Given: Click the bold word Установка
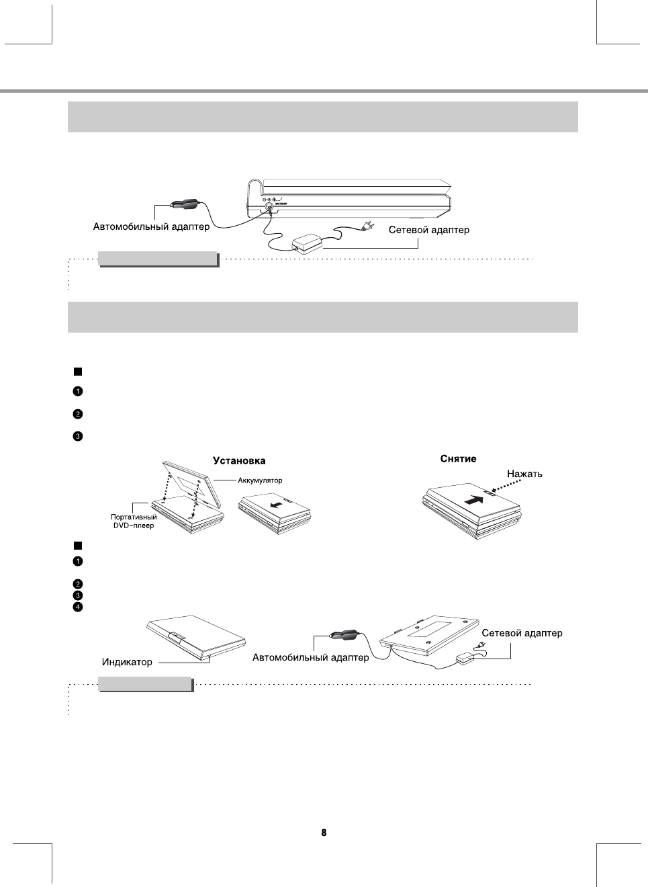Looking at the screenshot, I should [x=239, y=461].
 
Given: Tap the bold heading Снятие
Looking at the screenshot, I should [x=458, y=459].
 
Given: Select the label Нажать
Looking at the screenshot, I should [x=524, y=474].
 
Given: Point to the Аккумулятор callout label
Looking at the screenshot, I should [x=260, y=480].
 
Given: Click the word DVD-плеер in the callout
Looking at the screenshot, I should [x=133, y=525].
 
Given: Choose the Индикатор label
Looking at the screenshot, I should [x=127, y=662].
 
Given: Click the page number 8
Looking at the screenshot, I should [x=324, y=833].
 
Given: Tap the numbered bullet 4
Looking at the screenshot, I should [x=78, y=607].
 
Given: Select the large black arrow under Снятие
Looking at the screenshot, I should [x=474, y=499].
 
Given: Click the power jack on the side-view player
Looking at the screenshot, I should [x=269, y=208].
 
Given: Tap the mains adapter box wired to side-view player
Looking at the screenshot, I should [x=306, y=243].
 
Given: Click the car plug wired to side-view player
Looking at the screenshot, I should [x=185, y=202].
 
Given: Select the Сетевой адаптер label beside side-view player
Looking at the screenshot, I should [x=429, y=230].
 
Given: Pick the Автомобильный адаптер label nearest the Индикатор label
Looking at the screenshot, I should [x=310, y=657].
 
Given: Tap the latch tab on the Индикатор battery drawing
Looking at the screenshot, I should [x=177, y=636].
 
